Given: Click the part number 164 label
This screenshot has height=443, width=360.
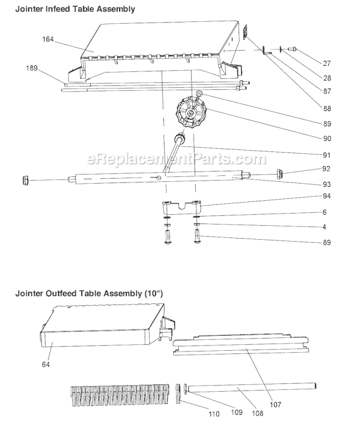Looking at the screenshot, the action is click(x=48, y=39).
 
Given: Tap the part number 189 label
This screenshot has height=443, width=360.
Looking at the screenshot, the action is click(x=32, y=68).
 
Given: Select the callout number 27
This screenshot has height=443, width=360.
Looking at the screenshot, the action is click(x=326, y=63).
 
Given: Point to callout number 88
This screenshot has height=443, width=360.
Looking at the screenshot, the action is click(x=327, y=109).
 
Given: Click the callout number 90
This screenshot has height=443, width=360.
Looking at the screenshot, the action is click(x=327, y=139).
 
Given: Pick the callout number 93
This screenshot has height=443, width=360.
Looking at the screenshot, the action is click(x=326, y=184).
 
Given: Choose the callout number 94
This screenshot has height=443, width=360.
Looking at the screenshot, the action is click(x=326, y=196).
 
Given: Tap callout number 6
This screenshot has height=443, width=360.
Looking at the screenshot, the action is click(x=325, y=212).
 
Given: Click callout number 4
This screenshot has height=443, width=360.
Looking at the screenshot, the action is click(x=324, y=227).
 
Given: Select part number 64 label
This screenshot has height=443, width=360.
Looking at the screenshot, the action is click(x=46, y=364).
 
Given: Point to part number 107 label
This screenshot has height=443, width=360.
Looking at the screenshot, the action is click(x=275, y=405).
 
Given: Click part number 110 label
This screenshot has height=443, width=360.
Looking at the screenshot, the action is click(x=214, y=414).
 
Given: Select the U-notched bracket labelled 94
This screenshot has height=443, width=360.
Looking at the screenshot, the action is click(x=181, y=207).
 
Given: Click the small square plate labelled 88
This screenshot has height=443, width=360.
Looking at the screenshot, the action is click(x=246, y=31).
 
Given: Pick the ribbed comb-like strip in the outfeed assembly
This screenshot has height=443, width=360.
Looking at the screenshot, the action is click(x=120, y=395).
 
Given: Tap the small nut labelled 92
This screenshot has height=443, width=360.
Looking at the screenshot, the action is click(x=280, y=173).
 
